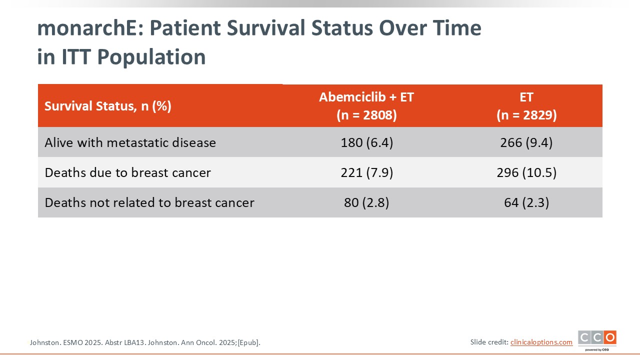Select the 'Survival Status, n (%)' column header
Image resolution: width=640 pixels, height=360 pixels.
(x=108, y=106)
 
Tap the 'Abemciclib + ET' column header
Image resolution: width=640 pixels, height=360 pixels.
(x=366, y=97)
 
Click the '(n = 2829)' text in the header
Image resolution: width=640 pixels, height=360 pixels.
(x=526, y=115)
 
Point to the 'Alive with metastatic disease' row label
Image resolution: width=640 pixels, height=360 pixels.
(x=130, y=142)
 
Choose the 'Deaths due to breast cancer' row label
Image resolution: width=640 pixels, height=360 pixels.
(x=127, y=172)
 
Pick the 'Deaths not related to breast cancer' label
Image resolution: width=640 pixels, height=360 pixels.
(x=149, y=202)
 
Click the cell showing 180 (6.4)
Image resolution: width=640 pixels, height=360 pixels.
(x=367, y=142)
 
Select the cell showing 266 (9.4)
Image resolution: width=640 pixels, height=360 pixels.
(x=526, y=142)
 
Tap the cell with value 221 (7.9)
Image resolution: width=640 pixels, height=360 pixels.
(x=367, y=172)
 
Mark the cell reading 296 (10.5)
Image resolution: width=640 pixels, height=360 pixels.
(x=526, y=172)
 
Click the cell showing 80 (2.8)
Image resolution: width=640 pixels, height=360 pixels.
(x=366, y=202)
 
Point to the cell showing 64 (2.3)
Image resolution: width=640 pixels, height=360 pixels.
(x=526, y=202)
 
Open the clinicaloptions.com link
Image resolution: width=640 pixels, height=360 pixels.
(x=541, y=342)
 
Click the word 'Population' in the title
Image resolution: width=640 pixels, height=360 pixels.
(x=151, y=57)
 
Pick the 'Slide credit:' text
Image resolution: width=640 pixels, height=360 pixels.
(x=489, y=342)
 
